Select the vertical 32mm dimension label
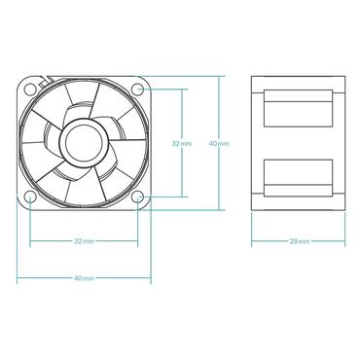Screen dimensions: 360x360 182,143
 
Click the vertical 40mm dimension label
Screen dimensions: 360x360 219,143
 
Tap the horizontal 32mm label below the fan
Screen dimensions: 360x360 85,240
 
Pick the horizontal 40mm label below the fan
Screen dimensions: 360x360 85,277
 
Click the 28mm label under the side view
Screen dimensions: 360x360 299,240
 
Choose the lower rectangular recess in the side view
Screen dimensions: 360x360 299,178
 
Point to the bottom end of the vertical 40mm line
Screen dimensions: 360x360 219,211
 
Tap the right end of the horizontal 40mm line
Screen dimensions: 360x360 153,277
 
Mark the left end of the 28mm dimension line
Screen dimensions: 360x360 252,240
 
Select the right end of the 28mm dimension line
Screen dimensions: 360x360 346,240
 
